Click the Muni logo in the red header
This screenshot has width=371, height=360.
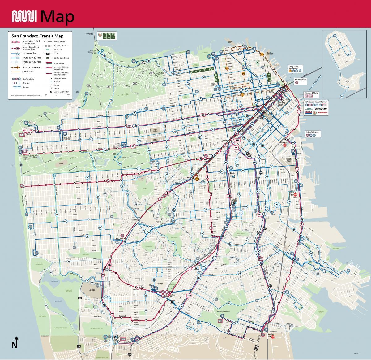[24, 16]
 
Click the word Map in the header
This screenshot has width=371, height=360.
[57, 16]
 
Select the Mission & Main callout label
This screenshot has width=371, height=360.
[311, 93]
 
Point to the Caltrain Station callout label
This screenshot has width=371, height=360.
[312, 132]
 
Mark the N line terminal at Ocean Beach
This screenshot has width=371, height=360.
[22, 186]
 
